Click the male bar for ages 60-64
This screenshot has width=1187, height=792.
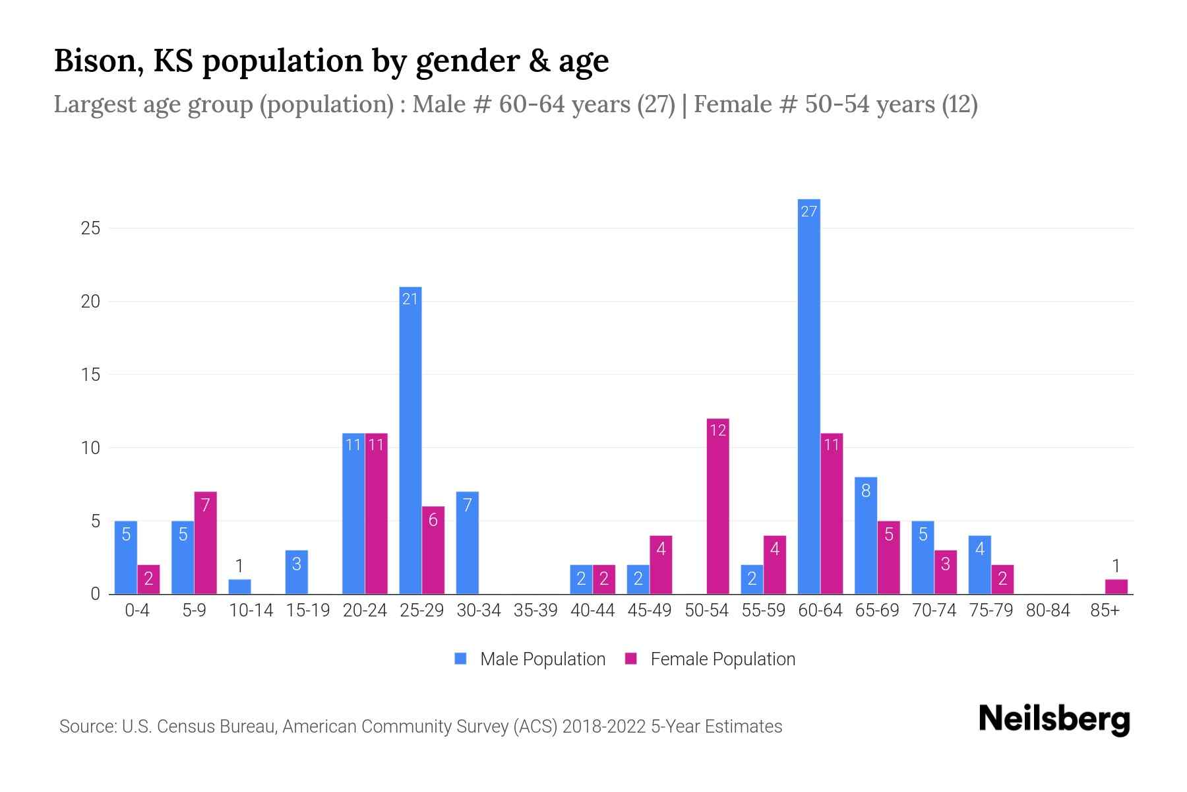[x=808, y=396]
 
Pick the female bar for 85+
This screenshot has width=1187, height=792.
[x=1116, y=587]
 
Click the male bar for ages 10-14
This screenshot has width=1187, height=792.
[x=239, y=587]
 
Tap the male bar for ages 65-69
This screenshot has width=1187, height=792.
[x=865, y=535]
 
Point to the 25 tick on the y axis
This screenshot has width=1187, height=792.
[x=90, y=228]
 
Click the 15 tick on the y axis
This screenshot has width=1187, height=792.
[x=90, y=375]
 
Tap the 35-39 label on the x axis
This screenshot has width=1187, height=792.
[x=535, y=610]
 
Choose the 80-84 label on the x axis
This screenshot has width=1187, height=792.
[x=1048, y=610]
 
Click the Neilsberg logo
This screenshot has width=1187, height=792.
[x=1054, y=719]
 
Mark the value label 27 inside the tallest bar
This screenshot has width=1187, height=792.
[x=808, y=211]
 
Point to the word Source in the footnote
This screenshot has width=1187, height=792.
[x=86, y=727]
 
